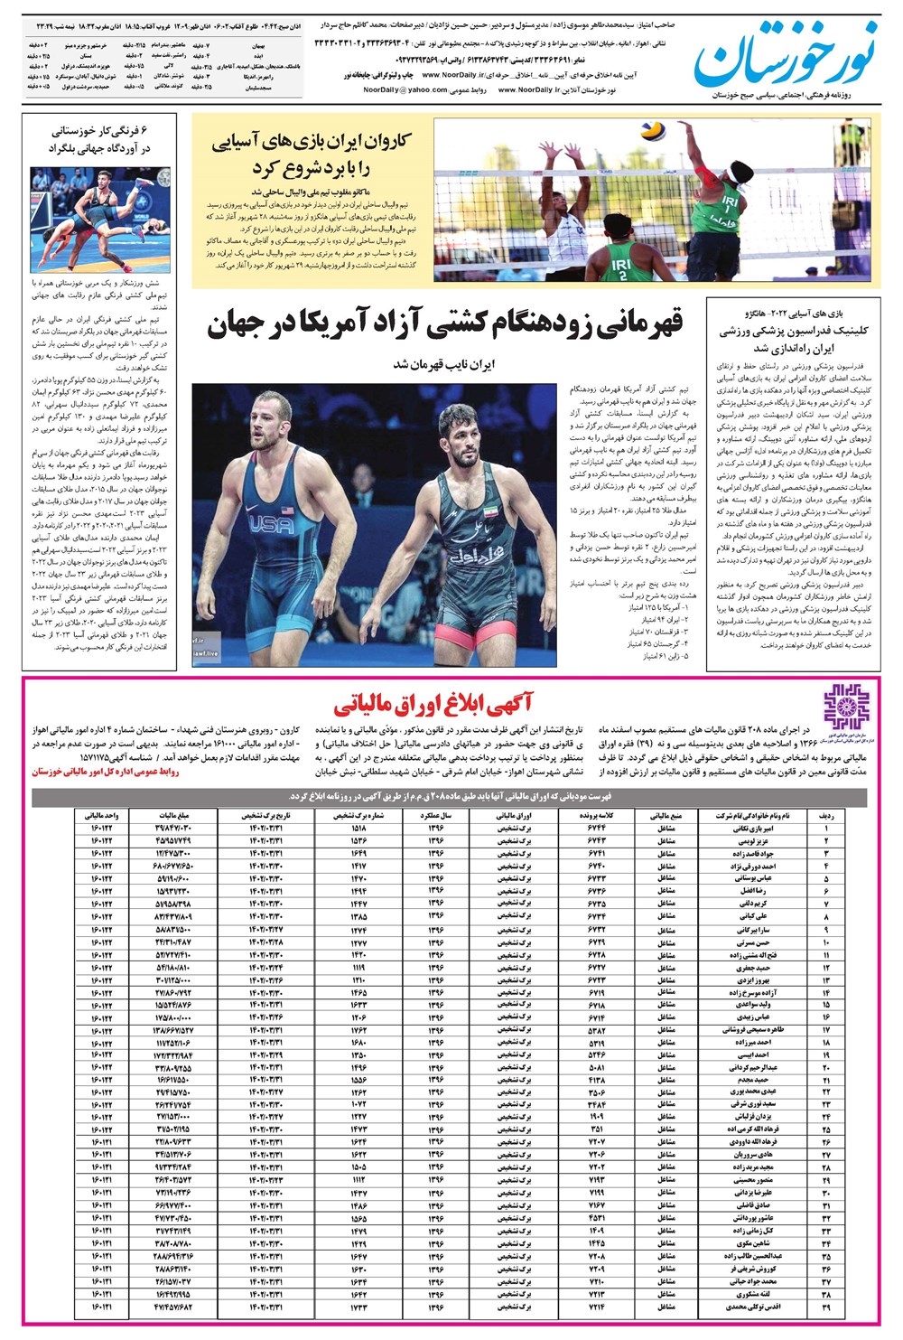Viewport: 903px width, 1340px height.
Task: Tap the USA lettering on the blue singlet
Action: (x=271, y=522)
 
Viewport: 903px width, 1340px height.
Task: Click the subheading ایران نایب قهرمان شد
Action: (x=444, y=364)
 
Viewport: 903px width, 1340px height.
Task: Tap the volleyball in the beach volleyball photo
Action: (x=652, y=131)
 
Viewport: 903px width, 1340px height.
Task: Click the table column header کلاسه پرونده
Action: (x=597, y=815)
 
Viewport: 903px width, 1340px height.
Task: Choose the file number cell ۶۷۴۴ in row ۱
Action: (x=597, y=828)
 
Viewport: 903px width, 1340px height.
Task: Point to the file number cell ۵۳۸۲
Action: (x=597, y=1030)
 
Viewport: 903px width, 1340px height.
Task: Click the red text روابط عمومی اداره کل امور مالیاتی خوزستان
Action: (x=106, y=773)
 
